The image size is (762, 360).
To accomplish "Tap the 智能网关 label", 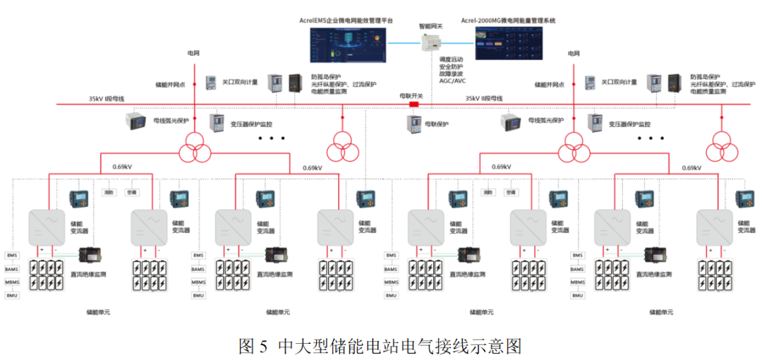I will click(430, 26).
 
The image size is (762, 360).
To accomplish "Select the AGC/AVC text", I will click(452, 81).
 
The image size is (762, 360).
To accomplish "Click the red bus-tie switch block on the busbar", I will click(414, 104).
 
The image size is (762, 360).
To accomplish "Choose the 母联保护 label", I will click(438, 124).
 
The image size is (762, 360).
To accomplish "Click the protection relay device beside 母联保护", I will click(413, 124).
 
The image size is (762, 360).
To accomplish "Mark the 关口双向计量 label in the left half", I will click(240, 83).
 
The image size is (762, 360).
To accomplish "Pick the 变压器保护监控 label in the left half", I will click(253, 124).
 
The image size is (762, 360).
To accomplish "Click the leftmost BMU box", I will click(12, 295).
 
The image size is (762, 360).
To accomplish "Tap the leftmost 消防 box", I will click(109, 191).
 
